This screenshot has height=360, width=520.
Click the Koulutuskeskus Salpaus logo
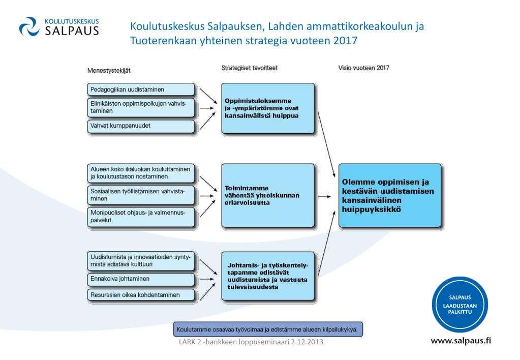pos(58,27)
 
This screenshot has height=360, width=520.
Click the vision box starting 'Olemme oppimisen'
pos(389,195)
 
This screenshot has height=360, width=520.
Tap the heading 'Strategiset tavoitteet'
pos(249,68)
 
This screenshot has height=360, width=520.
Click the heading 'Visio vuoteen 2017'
pos(364,68)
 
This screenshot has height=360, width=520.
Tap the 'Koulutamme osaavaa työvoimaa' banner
pos(268,329)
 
